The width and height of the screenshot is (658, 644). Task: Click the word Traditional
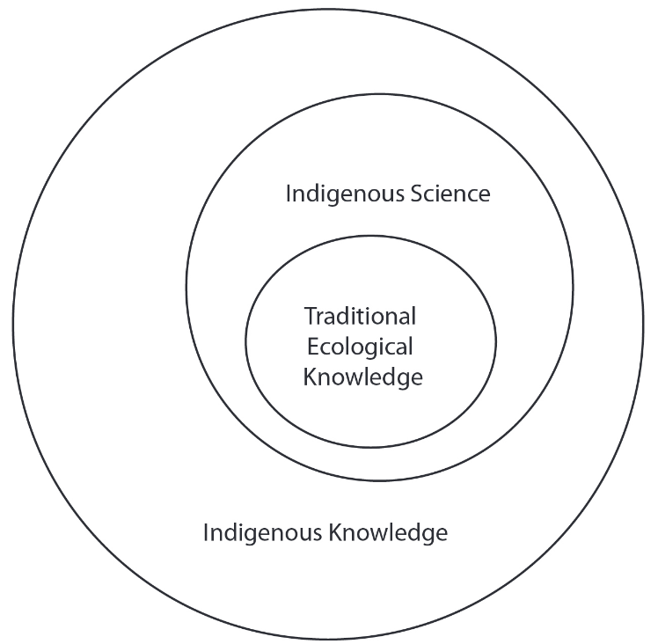[360, 315]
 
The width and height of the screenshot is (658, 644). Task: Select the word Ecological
[360, 346]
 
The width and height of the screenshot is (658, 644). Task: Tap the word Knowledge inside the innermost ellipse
[362, 377]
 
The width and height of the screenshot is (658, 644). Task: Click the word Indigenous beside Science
[344, 194]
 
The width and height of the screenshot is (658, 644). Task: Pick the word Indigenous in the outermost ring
[262, 533]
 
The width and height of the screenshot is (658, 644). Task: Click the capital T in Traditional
[310, 315]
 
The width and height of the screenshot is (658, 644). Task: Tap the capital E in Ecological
[311, 346]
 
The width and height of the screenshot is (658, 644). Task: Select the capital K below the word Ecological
[309, 377]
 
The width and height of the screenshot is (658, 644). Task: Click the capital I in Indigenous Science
[288, 194]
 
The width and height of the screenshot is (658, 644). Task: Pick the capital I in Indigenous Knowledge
[206, 532]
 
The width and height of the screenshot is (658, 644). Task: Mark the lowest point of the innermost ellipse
[370, 448]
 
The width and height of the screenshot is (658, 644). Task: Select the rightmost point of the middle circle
[574, 287]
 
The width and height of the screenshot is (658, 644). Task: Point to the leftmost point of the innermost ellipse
[245, 341]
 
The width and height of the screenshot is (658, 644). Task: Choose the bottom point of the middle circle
[380, 480]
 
